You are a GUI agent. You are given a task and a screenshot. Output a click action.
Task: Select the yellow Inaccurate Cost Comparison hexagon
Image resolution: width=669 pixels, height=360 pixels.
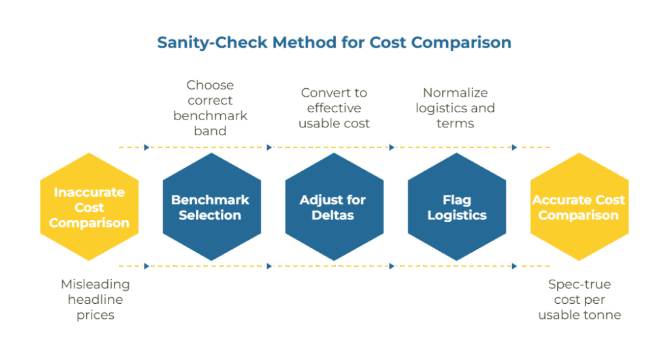pos(89,207)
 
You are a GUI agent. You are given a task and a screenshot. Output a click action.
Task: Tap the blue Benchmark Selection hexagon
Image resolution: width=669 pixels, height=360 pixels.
pos(211,207)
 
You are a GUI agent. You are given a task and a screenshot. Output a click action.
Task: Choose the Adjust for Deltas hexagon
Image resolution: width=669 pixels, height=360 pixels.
pos(333,207)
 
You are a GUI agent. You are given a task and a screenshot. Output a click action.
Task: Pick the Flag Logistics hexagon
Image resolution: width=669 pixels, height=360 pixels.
pos(456,207)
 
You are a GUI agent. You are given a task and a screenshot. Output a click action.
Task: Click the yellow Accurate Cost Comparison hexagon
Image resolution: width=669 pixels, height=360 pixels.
pos(579,207)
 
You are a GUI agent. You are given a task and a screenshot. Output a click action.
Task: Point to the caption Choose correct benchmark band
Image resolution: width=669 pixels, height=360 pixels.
pos(210,108)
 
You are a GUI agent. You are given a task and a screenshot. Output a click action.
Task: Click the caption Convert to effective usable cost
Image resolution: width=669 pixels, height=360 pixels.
pos(334,108)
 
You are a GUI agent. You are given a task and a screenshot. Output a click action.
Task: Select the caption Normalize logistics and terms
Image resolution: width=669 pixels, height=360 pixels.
pos(455,108)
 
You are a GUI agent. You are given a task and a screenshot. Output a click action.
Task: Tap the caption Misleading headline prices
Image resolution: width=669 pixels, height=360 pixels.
pos(95,299)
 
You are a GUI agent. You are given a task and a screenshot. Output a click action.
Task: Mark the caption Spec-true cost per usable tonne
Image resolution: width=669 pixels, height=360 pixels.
pos(579,299)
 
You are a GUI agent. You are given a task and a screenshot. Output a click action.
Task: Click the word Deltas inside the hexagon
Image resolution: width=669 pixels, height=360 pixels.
pos(333,215)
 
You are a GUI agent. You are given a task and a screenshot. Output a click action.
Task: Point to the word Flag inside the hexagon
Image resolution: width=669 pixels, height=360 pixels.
pos(456,200)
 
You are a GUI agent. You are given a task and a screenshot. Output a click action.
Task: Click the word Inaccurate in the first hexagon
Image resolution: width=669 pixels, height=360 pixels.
pos(89,192)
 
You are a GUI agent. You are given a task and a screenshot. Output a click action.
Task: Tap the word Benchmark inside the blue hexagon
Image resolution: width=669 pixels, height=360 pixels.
pos(210,200)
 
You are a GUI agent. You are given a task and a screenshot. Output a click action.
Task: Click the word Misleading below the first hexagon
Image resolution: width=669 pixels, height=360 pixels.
pos(95,284)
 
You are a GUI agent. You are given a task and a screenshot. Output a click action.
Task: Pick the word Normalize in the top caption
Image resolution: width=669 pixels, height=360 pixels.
pos(455,93)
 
